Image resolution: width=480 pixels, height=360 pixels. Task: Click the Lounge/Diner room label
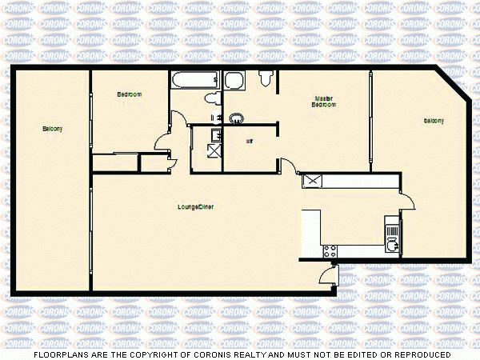tap(195, 207)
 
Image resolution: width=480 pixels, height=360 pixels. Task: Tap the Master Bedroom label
tap(323, 102)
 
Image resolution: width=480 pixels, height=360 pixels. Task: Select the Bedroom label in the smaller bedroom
tap(129, 94)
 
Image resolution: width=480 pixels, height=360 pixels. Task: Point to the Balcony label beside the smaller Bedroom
tap(53, 129)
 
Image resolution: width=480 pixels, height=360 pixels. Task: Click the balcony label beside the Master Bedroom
tap(434, 121)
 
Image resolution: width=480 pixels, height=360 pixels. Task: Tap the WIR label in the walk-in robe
tap(250, 141)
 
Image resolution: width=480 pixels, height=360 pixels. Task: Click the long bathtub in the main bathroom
tap(194, 80)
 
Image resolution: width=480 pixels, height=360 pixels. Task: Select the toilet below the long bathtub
tap(211, 98)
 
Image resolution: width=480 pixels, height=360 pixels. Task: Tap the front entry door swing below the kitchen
tap(326, 277)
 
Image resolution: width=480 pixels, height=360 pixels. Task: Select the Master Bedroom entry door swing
tap(286, 166)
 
